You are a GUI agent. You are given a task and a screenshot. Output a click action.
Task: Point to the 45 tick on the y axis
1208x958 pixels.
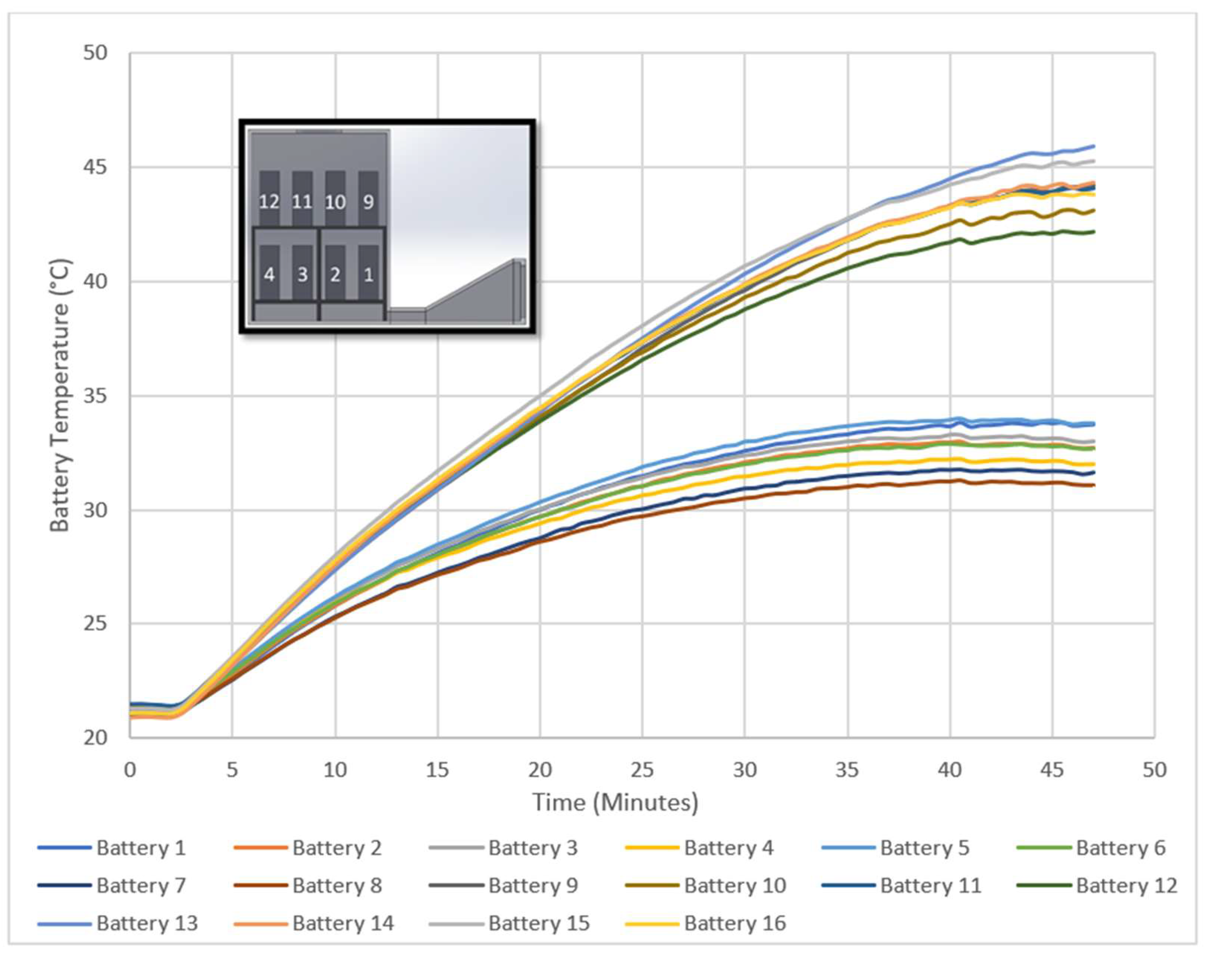click(95, 168)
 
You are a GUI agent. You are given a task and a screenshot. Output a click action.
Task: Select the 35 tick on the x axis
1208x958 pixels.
click(847, 770)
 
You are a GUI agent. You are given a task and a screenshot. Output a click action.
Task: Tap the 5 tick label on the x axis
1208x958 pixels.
click(232, 770)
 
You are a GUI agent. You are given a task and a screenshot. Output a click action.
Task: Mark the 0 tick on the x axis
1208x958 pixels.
click(130, 770)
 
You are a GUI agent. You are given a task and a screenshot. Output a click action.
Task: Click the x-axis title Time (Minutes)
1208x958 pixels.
click(615, 803)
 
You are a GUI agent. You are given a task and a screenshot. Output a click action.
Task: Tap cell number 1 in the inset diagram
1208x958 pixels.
click(368, 275)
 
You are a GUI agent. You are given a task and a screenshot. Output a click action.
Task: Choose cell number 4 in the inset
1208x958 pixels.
click(269, 275)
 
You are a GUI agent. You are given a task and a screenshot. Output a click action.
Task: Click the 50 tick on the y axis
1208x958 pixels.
click(95, 53)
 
